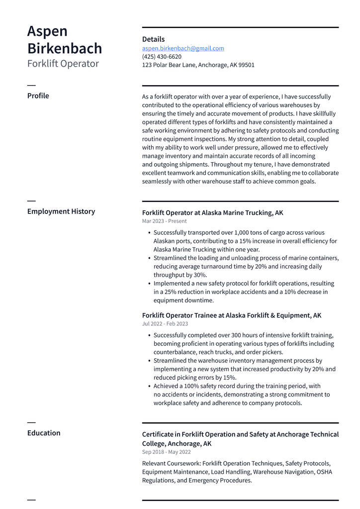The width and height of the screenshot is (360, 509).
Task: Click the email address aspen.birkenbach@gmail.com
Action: click(x=183, y=48)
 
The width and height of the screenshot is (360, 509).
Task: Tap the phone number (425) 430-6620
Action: click(x=162, y=57)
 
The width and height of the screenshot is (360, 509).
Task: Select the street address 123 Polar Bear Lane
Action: click(x=169, y=65)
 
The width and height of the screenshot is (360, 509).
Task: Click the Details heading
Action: click(x=153, y=39)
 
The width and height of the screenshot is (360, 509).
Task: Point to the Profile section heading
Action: click(x=38, y=96)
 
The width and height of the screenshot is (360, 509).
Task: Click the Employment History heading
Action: click(x=61, y=211)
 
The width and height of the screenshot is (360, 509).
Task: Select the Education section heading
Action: click(x=44, y=433)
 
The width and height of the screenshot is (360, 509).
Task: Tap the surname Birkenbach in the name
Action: click(x=65, y=48)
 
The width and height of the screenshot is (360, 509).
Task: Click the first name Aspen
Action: click(x=47, y=31)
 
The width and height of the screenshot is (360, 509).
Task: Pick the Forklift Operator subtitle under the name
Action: click(x=63, y=64)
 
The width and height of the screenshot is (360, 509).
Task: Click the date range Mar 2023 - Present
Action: click(x=165, y=221)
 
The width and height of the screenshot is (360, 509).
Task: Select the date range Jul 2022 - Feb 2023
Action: click(x=165, y=324)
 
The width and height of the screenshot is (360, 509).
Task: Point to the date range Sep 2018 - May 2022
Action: click(x=167, y=452)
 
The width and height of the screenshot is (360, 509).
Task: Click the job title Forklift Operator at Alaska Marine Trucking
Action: click(x=212, y=213)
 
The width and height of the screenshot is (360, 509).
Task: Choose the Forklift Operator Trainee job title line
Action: click(x=232, y=315)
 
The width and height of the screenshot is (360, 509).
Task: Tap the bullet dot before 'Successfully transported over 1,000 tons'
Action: click(x=149, y=233)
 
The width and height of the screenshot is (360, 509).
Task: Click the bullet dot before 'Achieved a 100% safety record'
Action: click(x=149, y=386)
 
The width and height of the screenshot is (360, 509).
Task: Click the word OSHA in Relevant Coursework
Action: click(x=324, y=472)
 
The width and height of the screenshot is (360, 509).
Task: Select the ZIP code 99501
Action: click(x=246, y=65)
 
